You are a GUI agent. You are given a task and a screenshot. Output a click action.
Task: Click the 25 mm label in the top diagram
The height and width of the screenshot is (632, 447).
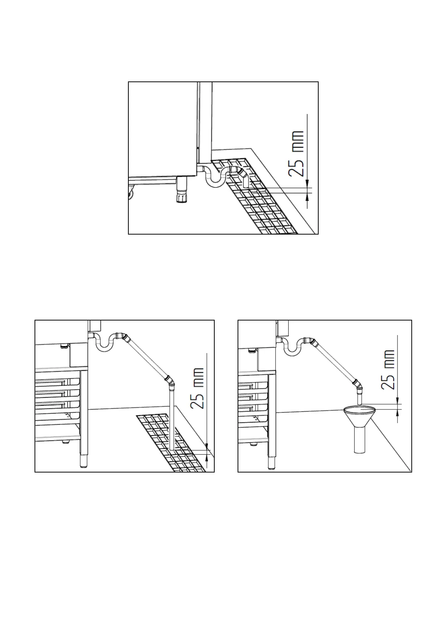(296, 153)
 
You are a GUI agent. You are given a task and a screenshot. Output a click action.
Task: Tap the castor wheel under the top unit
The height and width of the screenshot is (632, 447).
(131, 193)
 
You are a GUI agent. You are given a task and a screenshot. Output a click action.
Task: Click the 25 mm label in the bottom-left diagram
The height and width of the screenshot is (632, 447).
(197, 388)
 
